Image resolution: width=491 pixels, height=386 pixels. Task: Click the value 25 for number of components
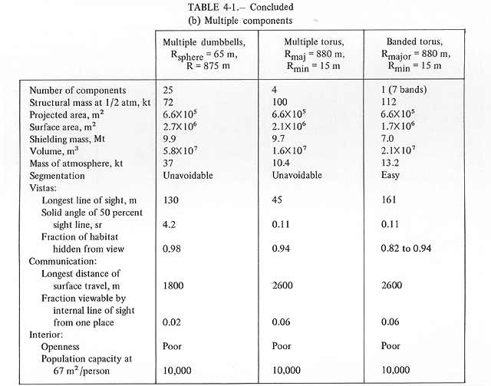(x=168, y=91)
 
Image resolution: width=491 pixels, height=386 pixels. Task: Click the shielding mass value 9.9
(x=170, y=139)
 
